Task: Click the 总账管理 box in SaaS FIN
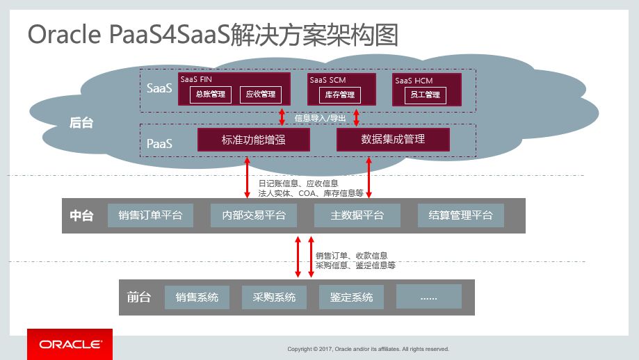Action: click(211, 95)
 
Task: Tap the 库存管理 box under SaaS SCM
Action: click(341, 95)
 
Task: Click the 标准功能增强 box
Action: click(254, 140)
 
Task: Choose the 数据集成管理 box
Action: click(393, 140)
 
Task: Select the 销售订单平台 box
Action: click(150, 215)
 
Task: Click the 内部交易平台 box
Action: click(254, 215)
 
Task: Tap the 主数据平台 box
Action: click(357, 215)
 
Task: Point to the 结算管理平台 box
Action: click(460, 215)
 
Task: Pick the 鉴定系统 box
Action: click(352, 297)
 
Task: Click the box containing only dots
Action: click(429, 297)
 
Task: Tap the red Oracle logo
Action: click(70, 344)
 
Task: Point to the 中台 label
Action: click(81, 215)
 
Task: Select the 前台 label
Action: click(138, 297)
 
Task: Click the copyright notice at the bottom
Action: click(369, 349)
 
